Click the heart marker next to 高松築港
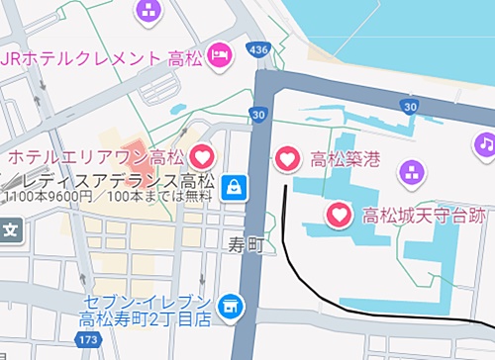coord(287,158)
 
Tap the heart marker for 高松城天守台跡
coord(339,214)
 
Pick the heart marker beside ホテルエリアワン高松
coord(201,156)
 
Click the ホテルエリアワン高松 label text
coord(96,156)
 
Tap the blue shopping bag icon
coord(235,186)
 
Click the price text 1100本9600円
coord(48,196)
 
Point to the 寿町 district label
coord(244,243)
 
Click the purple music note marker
coord(485,144)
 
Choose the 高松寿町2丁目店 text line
coord(146,319)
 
